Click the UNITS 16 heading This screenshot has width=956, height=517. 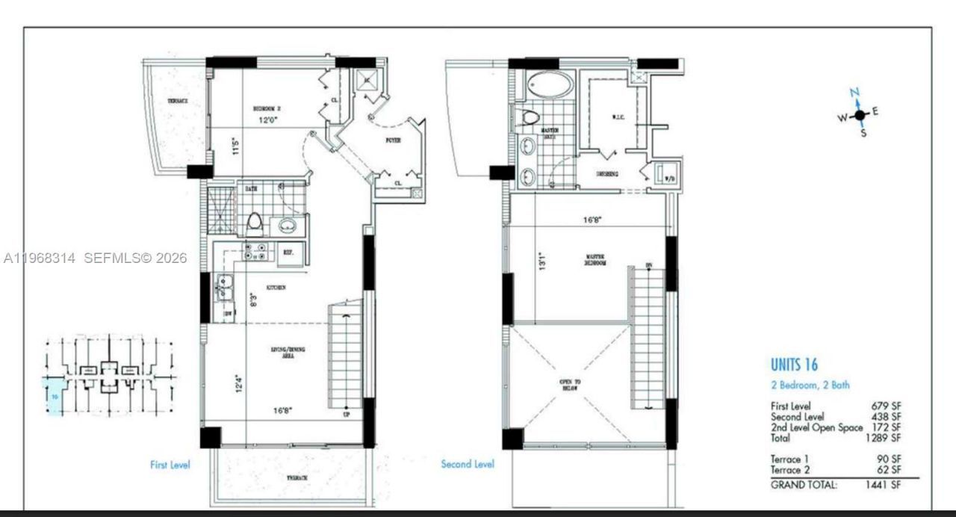pos(794,365)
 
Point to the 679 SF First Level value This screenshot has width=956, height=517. pos(887,406)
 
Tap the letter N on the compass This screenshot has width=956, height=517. pos(856,93)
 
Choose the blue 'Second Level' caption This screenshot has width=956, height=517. pos(467,464)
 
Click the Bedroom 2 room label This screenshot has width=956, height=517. pos(266,108)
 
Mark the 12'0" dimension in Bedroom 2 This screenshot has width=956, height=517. pos(266,119)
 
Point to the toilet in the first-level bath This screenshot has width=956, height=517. pos(254,222)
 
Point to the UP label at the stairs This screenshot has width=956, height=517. pos(345,414)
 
